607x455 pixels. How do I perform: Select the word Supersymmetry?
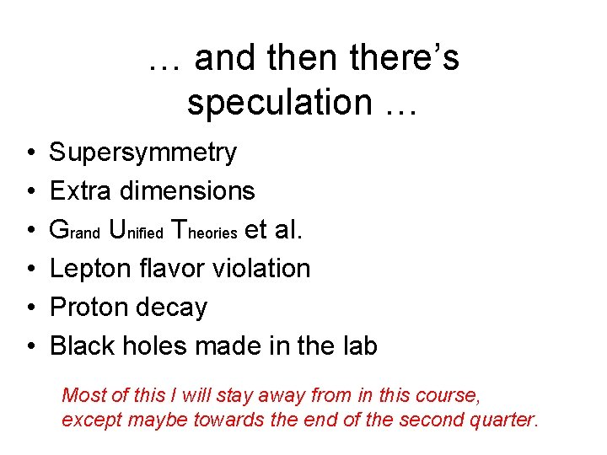[x=143, y=153]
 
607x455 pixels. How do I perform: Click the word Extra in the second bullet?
[x=81, y=191]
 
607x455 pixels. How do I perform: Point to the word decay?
[x=173, y=308]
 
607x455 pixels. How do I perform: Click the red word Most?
[x=81, y=394]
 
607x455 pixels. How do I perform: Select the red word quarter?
[x=505, y=420]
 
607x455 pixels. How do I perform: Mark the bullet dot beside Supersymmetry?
[x=30, y=153]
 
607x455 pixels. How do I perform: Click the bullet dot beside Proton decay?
[x=30, y=308]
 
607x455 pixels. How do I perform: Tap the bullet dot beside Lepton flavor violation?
[x=30, y=270]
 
